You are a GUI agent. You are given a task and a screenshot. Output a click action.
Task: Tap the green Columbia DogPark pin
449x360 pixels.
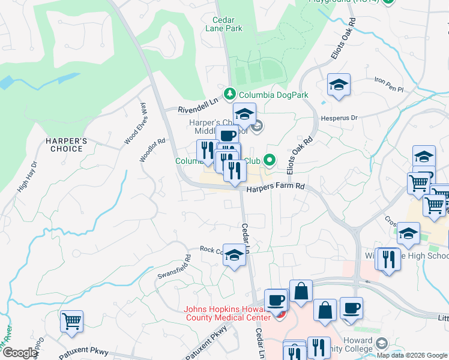point(229,94)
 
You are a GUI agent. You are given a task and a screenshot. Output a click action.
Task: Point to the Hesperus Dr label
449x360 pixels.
point(340,118)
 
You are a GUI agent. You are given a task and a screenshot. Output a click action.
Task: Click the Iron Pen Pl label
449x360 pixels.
point(390,84)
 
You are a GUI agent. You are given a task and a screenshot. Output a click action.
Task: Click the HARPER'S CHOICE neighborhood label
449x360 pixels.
point(67,145)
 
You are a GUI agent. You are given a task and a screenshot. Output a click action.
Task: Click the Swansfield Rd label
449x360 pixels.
point(173,267)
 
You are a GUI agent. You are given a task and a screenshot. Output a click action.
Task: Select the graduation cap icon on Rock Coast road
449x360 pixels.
point(234,253)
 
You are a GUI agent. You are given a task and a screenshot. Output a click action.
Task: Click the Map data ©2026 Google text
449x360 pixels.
point(412,355)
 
